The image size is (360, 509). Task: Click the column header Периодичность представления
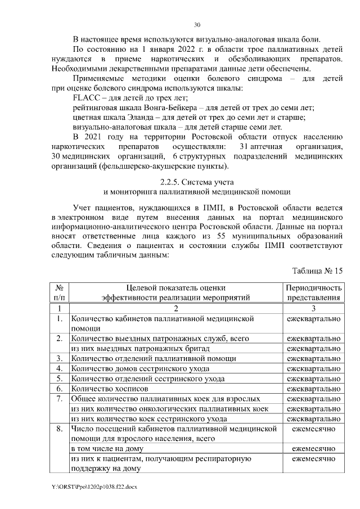(313, 292)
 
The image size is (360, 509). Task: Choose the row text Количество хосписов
(109, 388)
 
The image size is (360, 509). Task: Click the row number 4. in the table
(59, 368)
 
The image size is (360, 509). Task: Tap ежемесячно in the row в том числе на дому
(313, 448)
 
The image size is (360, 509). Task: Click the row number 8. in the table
(59, 429)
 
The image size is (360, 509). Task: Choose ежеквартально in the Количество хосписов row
(313, 388)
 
